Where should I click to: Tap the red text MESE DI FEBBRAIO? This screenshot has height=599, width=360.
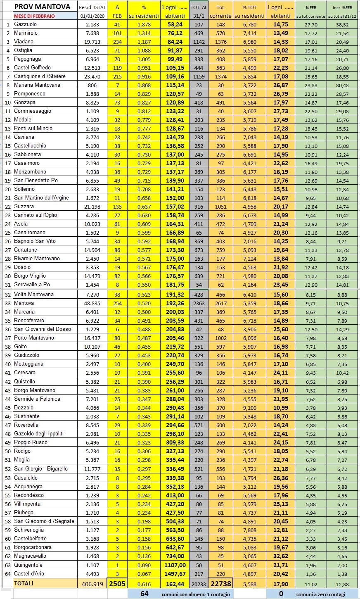(34, 16)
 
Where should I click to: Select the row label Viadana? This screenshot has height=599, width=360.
(24, 42)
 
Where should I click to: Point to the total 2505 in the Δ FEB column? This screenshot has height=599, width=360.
(117, 583)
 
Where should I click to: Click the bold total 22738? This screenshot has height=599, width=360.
(220, 583)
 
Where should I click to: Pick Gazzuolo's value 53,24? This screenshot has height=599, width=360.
(175, 24)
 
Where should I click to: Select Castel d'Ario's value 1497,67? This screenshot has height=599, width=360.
(175, 574)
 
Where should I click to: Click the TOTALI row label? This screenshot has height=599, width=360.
(24, 583)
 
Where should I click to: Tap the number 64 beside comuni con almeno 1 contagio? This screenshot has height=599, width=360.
(144, 594)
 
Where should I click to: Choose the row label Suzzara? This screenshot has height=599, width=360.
(24, 207)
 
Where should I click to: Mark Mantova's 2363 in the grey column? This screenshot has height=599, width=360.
(199, 303)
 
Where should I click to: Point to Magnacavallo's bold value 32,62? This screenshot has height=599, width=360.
(281, 556)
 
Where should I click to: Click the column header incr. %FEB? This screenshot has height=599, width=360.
(342, 7)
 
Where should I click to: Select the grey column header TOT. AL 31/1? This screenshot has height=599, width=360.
(199, 12)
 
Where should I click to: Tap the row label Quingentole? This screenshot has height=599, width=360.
(28, 565)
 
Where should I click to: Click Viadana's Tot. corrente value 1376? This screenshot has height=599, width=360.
(220, 42)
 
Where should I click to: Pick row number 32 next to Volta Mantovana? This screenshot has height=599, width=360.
(8, 295)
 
